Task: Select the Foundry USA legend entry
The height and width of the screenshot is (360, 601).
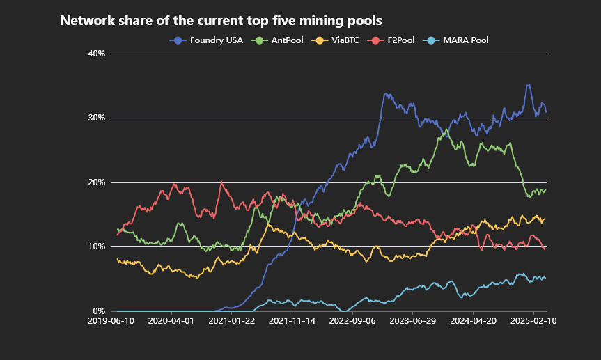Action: coord(206,40)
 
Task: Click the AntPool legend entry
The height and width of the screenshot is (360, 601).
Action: coord(276,40)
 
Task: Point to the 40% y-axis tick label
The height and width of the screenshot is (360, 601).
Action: coord(96,54)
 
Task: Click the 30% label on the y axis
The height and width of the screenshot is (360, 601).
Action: coord(96,118)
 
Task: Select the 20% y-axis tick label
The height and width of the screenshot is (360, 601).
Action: coord(96,182)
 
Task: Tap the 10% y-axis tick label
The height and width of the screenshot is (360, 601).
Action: coord(96,246)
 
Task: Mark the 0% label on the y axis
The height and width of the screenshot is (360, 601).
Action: coord(98,311)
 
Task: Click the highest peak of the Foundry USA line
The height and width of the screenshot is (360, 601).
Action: coord(529,84)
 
